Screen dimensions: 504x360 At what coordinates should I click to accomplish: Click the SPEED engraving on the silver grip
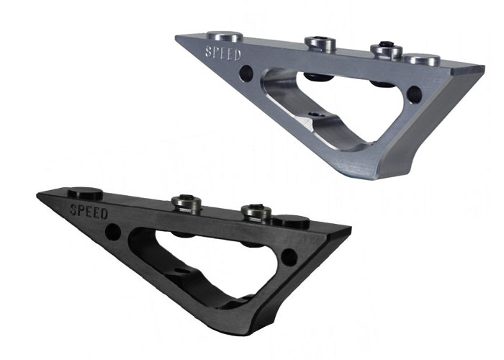click(x=223, y=54)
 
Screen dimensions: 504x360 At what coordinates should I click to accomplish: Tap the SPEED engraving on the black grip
click(x=89, y=212)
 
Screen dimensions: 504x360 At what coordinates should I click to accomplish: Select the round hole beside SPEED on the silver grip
click(x=246, y=73)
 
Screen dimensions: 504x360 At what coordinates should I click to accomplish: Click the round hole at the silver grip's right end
click(x=414, y=94)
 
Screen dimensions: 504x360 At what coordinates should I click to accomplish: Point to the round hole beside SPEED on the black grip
click(x=113, y=232)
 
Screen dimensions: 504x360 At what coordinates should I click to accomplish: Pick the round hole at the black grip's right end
click(x=289, y=257)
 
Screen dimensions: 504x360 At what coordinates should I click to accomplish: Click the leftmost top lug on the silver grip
click(x=225, y=36)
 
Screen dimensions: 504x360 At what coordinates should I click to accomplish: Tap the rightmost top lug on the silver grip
click(x=422, y=60)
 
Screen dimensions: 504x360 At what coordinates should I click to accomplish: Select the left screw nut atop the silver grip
click(x=320, y=44)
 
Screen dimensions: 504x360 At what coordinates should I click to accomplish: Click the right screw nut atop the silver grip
click(x=386, y=50)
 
